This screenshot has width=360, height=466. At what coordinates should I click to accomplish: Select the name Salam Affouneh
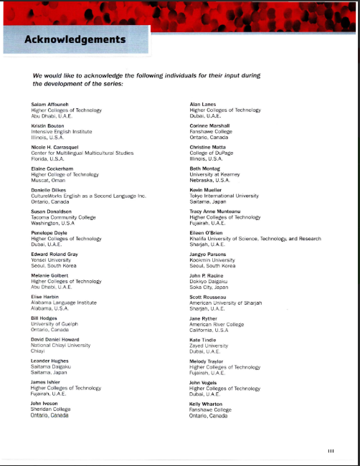coord(49,105)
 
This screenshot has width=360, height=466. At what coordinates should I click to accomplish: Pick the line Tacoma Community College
coord(63,216)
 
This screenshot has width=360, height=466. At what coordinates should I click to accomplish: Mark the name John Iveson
coord(47,404)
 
